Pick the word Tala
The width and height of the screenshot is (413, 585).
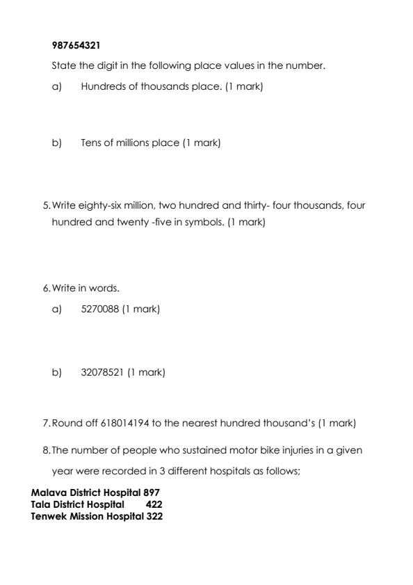click(x=40, y=504)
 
